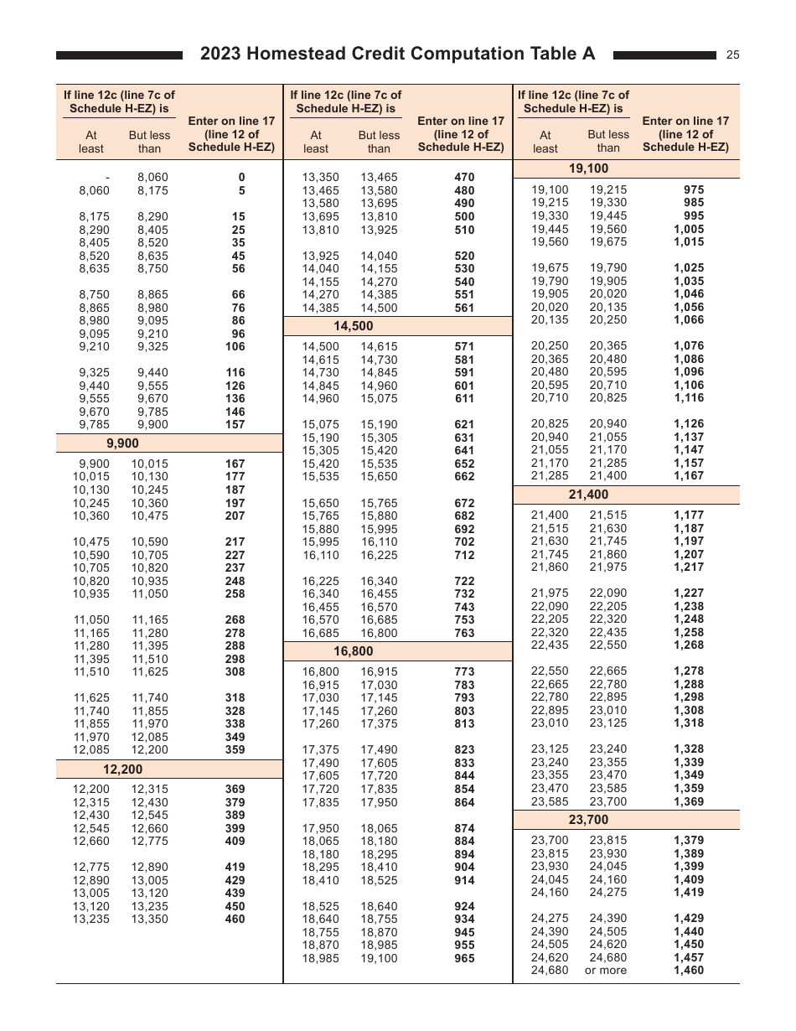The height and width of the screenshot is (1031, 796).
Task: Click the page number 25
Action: click(733, 55)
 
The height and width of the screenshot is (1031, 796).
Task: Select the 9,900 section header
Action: click(122, 443)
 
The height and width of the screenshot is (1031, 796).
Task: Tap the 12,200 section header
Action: click(122, 769)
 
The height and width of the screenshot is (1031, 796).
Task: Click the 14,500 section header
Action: click(353, 326)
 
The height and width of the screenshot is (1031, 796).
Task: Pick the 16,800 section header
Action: click(353, 651)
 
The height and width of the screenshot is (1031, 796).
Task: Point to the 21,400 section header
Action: click(588, 495)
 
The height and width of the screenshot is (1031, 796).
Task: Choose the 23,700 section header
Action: click(588, 820)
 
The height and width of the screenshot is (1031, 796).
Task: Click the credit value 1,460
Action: click(689, 971)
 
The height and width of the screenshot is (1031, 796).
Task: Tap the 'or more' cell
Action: click(606, 971)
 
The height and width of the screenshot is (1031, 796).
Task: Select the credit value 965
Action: click(464, 958)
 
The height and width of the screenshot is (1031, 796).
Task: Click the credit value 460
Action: click(235, 919)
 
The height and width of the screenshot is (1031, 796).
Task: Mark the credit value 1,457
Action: click(689, 957)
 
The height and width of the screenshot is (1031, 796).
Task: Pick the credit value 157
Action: click(235, 425)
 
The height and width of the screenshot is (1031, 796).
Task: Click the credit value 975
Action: click(694, 190)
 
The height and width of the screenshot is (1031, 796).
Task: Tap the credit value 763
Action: click(464, 634)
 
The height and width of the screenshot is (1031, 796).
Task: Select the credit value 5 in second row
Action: click(241, 190)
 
